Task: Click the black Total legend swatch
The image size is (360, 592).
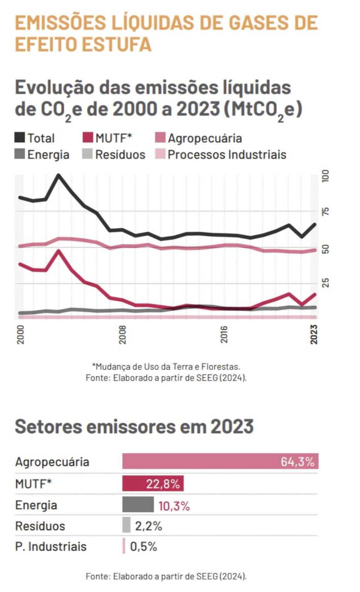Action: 20,138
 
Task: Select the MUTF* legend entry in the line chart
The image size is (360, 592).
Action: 108,138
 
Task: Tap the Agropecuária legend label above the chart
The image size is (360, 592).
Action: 205,138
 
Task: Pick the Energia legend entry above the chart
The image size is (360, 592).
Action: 42,155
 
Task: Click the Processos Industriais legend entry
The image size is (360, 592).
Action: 221,155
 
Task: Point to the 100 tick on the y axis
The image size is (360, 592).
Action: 326,176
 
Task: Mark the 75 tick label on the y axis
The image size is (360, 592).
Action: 326,211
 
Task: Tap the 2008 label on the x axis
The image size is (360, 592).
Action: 122,334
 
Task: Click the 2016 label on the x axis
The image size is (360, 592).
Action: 224,334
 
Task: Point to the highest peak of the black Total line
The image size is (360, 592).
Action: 59,175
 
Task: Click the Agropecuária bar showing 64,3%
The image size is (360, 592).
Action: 220,461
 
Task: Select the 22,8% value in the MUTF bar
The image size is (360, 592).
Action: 163,484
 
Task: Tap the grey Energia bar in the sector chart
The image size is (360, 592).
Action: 138,505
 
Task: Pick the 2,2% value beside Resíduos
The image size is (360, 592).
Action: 148,526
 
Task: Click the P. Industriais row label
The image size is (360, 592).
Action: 51,547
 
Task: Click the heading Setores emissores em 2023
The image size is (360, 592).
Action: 134,426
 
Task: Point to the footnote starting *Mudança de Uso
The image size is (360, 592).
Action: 166,367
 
